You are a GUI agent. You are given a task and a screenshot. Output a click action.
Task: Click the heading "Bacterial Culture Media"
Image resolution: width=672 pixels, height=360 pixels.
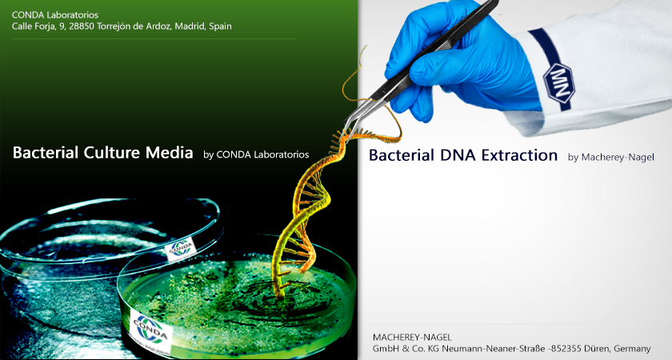(x=103, y=153)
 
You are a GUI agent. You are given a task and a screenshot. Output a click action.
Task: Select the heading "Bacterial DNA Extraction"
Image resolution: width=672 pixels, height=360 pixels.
(x=463, y=155)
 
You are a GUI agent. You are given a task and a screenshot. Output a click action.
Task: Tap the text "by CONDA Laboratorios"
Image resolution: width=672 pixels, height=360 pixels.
(x=256, y=154)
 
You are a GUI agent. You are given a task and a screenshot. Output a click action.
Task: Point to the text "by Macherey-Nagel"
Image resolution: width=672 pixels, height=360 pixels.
(x=611, y=158)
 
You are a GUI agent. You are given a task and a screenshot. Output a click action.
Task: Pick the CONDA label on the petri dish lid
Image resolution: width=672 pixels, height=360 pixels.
(x=181, y=249)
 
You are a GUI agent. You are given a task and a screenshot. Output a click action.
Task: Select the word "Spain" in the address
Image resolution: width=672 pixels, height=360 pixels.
(x=220, y=26)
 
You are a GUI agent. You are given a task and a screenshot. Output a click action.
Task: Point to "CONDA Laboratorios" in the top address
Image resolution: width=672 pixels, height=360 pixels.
(x=55, y=15)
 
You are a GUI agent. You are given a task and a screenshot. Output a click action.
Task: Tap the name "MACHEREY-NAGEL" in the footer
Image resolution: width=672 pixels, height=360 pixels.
(x=412, y=338)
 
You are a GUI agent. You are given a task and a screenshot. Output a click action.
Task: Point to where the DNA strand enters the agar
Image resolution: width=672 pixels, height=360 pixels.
(x=279, y=296)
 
